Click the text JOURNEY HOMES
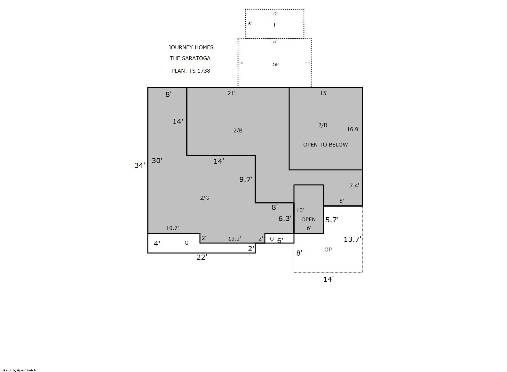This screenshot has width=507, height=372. [x=191, y=48]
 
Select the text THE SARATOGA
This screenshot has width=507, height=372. [x=190, y=59]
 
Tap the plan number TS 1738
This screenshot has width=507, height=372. [x=200, y=71]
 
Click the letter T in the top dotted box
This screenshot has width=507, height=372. [x=274, y=25]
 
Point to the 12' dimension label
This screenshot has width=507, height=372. [x=274, y=14]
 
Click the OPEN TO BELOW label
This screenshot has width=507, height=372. [x=326, y=145]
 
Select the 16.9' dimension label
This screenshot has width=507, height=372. [x=353, y=129]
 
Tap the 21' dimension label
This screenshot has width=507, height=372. [x=232, y=93]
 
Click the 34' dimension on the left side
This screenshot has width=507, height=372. [x=140, y=165]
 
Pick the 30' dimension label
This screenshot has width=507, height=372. [x=157, y=161]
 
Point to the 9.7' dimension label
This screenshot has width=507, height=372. [x=246, y=179]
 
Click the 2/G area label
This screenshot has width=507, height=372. [x=205, y=198]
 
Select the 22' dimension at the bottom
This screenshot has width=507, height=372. [x=202, y=257]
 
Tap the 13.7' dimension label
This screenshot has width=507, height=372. [x=353, y=239]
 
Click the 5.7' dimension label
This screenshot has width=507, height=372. [x=332, y=220]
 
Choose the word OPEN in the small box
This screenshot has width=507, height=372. [x=308, y=219]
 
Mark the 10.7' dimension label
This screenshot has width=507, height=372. [x=172, y=228]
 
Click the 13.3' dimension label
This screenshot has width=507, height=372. [x=234, y=239]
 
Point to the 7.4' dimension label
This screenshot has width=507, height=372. [x=354, y=186]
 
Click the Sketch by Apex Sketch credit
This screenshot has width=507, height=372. [x=19, y=370]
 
